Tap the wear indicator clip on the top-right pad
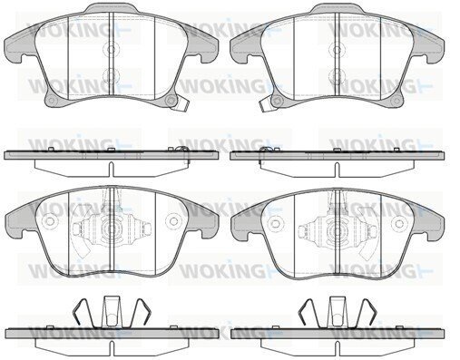click(266, 105)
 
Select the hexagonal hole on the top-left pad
click(171, 101)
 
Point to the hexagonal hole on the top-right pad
click(277, 101)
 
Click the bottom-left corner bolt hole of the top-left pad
click(52, 101)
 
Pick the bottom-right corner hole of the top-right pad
click(395, 101)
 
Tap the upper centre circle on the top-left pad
click(112, 49)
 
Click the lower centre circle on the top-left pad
click(112, 75)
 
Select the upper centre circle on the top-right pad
click(338, 49)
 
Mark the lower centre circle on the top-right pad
click(338, 75)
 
